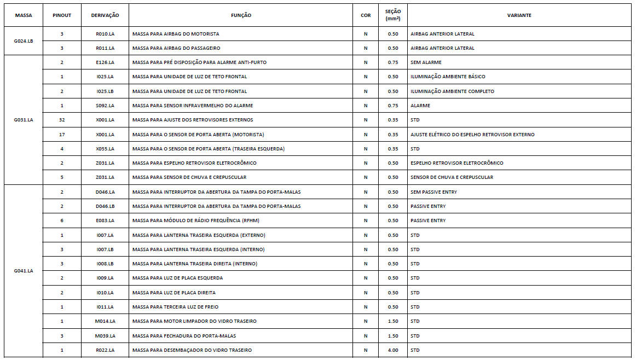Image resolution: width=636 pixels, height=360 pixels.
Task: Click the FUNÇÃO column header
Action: click(241, 15)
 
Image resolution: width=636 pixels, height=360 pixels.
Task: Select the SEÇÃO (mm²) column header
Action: click(392, 15)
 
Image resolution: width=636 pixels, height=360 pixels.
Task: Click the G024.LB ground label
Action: click(24, 41)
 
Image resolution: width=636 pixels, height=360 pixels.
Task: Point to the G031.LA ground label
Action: click(24, 120)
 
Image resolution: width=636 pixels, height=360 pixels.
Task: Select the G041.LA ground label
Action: click(24, 271)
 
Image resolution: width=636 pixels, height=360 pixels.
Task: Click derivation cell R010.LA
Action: click(105, 34)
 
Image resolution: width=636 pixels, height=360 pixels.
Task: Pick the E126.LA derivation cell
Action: click(105, 62)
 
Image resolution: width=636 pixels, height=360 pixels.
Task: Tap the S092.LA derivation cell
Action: click(105, 106)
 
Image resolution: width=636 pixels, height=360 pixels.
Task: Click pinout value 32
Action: click(62, 120)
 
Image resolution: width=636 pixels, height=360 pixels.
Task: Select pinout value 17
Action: click(62, 135)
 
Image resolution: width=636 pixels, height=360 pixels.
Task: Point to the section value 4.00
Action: click(392, 350)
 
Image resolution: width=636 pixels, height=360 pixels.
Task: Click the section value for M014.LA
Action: click(392, 321)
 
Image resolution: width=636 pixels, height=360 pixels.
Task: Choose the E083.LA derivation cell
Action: click(105, 220)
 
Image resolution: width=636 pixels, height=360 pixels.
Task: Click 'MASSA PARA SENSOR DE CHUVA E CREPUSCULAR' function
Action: click(189, 177)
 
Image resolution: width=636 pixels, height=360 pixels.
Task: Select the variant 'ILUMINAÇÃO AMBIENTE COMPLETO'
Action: click(452, 91)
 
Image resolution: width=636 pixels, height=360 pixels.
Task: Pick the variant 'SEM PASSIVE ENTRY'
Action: click(433, 192)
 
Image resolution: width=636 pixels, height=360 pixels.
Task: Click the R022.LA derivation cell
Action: click(105, 350)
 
